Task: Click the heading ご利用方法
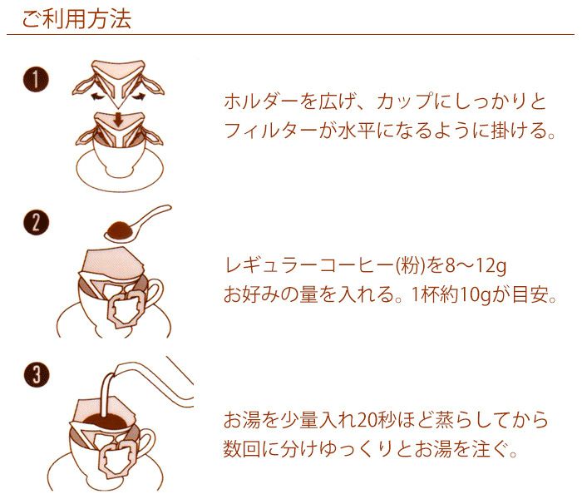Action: [76, 19]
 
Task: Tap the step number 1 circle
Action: [36, 80]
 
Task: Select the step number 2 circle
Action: [36, 222]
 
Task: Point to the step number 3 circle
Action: [36, 374]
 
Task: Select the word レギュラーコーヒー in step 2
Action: [308, 266]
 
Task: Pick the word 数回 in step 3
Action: [242, 449]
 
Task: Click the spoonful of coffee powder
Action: [120, 230]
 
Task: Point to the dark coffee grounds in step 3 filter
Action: [106, 422]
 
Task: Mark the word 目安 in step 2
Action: [530, 295]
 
